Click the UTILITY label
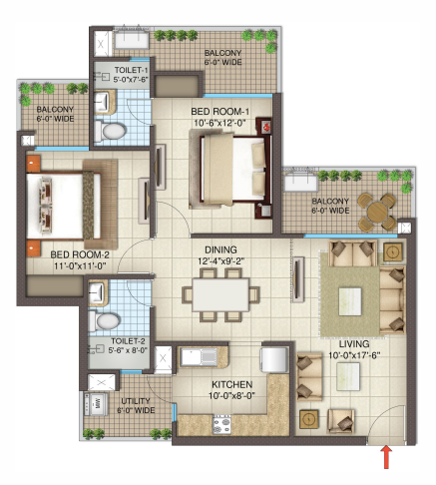(136, 399)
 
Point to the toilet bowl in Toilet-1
(111, 129)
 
